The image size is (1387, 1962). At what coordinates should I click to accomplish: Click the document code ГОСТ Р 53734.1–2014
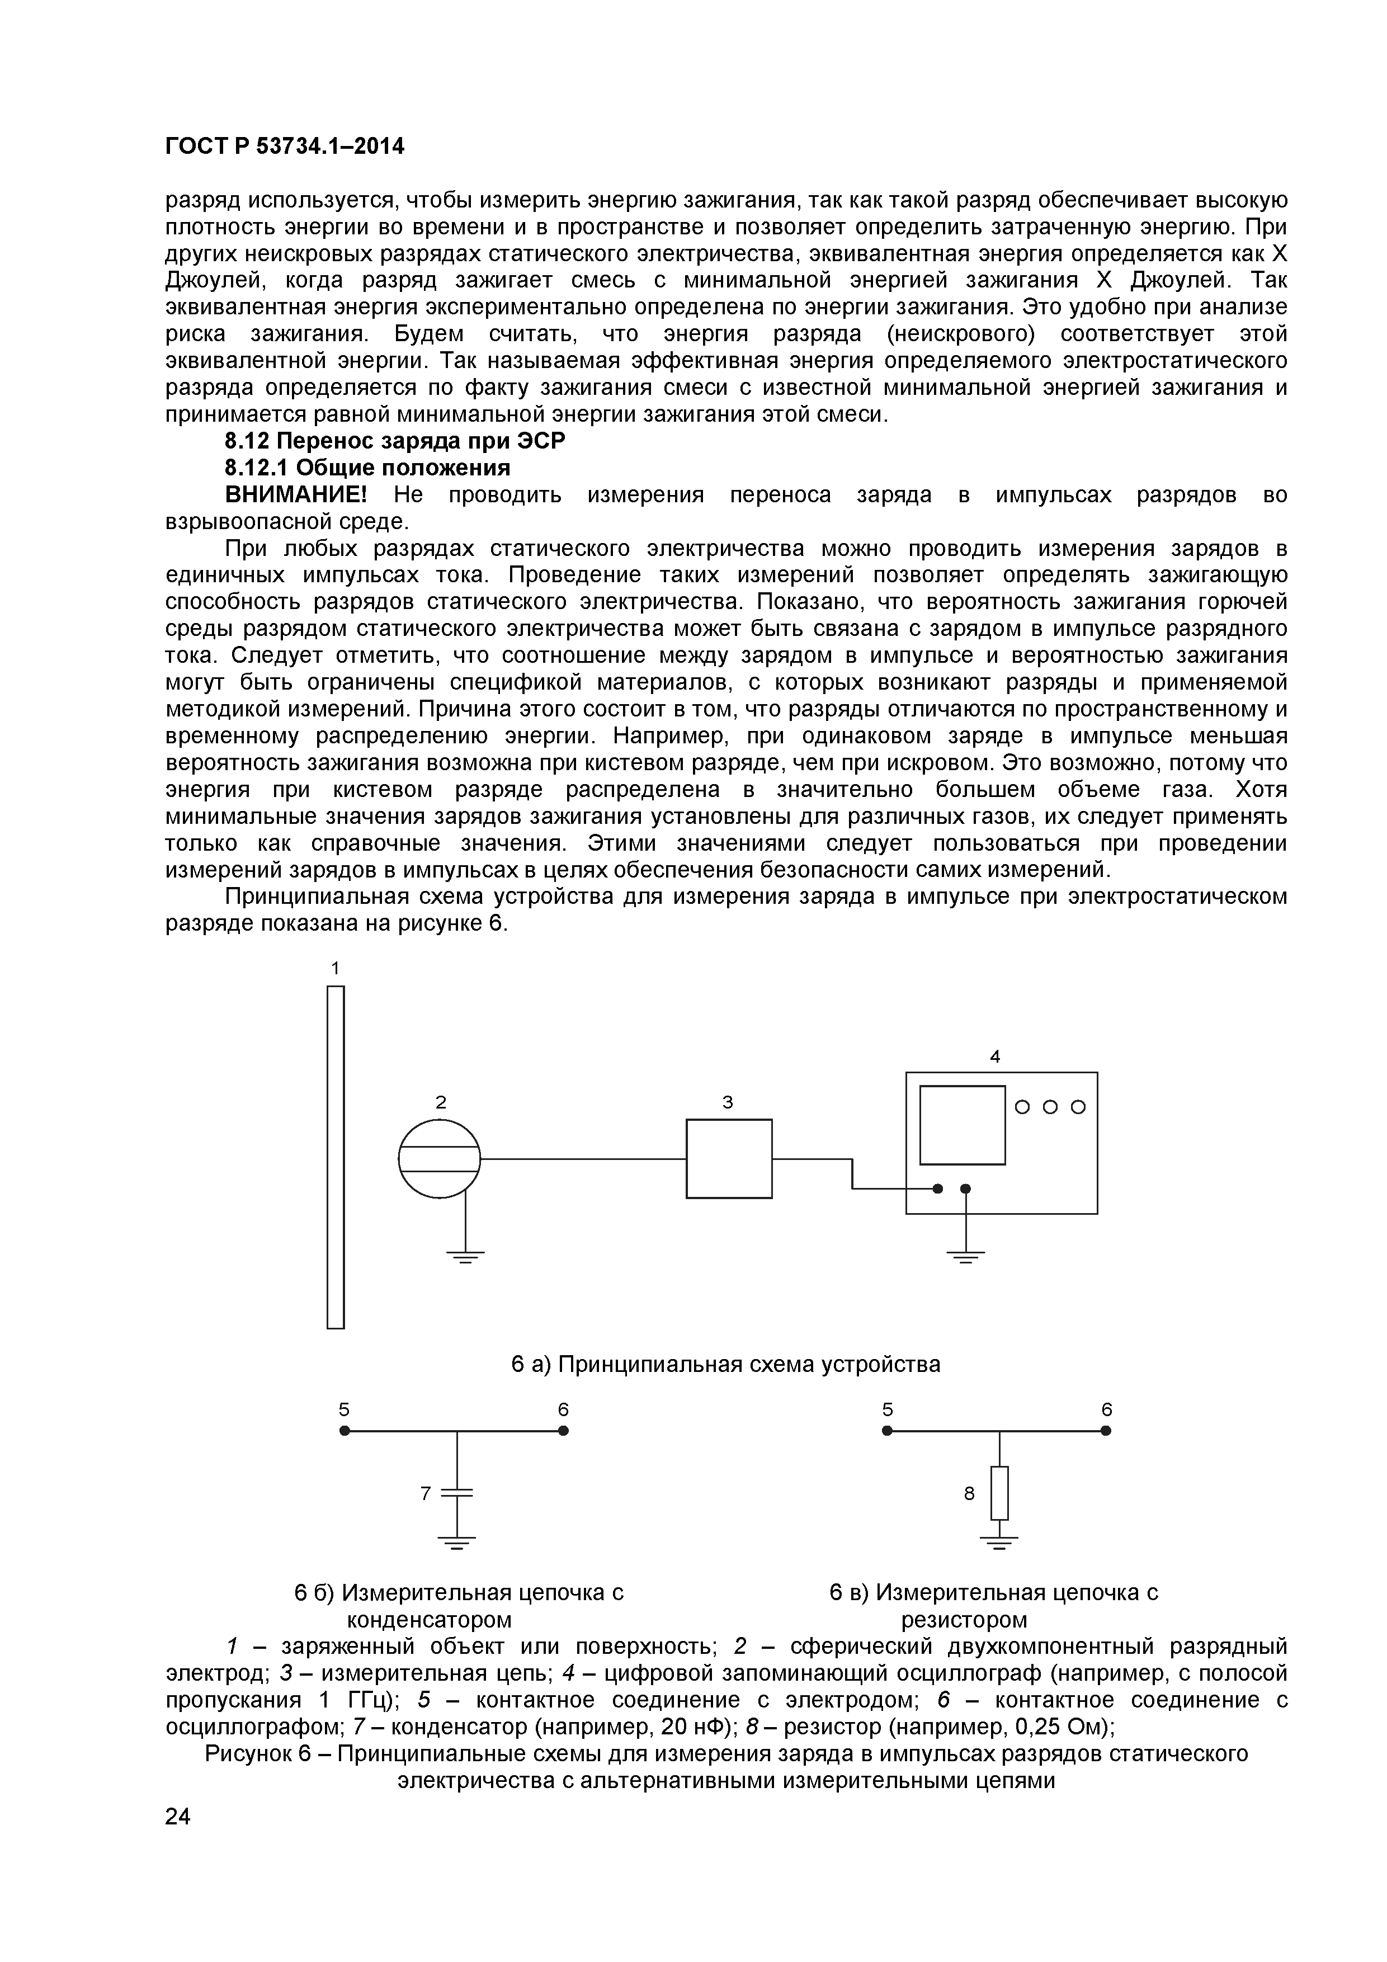tap(285, 147)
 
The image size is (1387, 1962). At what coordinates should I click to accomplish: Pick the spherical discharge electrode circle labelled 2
tap(439, 1159)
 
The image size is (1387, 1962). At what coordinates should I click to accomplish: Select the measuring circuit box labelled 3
tap(729, 1159)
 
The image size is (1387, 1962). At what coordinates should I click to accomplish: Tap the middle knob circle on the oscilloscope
tap(1050, 1107)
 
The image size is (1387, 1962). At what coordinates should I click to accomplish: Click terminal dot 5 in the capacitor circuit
tap(345, 1431)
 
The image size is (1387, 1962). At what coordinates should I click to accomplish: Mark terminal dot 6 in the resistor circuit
tap(1106, 1431)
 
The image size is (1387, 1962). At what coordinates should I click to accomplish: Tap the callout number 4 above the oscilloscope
tap(995, 1057)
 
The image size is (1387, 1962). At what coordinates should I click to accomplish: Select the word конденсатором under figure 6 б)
tap(429, 1619)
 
